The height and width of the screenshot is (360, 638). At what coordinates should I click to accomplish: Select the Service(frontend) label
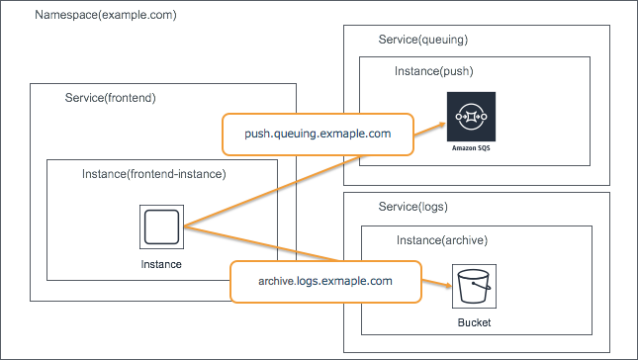(x=111, y=99)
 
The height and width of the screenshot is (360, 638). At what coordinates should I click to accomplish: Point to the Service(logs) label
(x=413, y=207)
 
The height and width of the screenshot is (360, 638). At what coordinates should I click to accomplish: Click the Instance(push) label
(x=434, y=72)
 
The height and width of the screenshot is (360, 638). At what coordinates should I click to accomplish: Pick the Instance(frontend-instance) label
(x=153, y=174)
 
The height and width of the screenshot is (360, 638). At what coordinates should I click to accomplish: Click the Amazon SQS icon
(x=471, y=117)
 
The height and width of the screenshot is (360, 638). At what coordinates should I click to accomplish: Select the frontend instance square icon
(x=161, y=228)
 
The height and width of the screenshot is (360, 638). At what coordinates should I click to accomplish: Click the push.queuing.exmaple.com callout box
(x=318, y=134)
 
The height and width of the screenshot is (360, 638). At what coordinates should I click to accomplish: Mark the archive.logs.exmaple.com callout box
(x=326, y=281)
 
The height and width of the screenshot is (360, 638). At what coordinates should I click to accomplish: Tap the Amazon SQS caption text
(x=471, y=147)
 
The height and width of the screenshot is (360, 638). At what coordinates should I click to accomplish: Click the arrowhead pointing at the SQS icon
(x=439, y=124)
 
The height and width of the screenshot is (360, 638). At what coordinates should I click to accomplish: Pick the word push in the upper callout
(x=260, y=134)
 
